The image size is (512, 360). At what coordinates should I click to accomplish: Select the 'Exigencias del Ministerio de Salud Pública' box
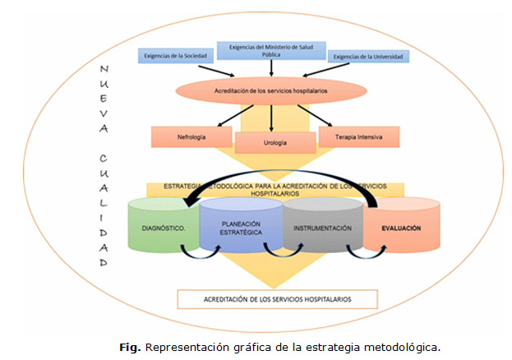coord(271,49)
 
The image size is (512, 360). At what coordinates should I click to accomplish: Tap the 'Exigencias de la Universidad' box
coord(367,57)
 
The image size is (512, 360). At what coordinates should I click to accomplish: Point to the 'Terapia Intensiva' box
coord(357,136)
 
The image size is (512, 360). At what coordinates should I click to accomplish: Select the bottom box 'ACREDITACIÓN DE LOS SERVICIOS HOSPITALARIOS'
coord(277,298)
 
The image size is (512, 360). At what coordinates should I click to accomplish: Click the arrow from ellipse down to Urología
coord(270,117)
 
